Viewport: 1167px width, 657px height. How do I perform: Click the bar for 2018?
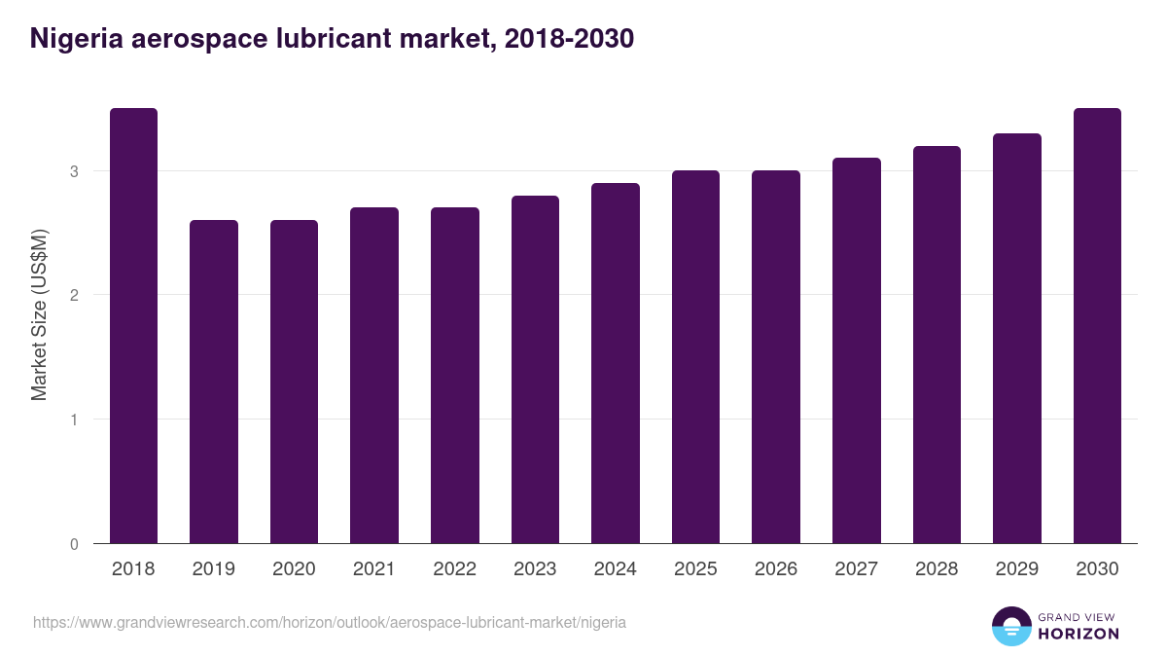[x=133, y=326]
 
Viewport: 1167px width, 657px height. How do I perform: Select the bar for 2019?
[x=214, y=382]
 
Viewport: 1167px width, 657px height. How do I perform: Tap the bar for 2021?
[x=374, y=376]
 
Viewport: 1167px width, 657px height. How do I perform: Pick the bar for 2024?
[x=616, y=363]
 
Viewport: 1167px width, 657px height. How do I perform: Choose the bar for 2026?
[x=776, y=357]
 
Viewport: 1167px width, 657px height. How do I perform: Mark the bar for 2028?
[x=937, y=345]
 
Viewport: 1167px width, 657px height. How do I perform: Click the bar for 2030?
[x=1097, y=326]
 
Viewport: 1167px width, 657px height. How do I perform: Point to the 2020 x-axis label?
[x=294, y=569]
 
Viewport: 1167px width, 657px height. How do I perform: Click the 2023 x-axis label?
[x=535, y=569]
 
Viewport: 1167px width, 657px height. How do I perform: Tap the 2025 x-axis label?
[x=695, y=569]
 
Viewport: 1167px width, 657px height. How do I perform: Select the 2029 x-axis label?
[x=1016, y=569]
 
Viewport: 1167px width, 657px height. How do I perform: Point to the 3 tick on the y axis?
[x=74, y=171]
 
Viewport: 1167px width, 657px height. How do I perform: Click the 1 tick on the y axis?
[x=74, y=420]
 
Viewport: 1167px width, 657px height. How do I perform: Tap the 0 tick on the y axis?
[x=74, y=544]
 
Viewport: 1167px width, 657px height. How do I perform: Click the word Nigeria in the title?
[x=77, y=39]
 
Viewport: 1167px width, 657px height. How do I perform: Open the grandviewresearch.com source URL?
[x=330, y=622]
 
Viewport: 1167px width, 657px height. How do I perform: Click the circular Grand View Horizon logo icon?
[x=1010, y=626]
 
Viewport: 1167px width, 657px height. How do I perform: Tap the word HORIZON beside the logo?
[x=1079, y=634]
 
